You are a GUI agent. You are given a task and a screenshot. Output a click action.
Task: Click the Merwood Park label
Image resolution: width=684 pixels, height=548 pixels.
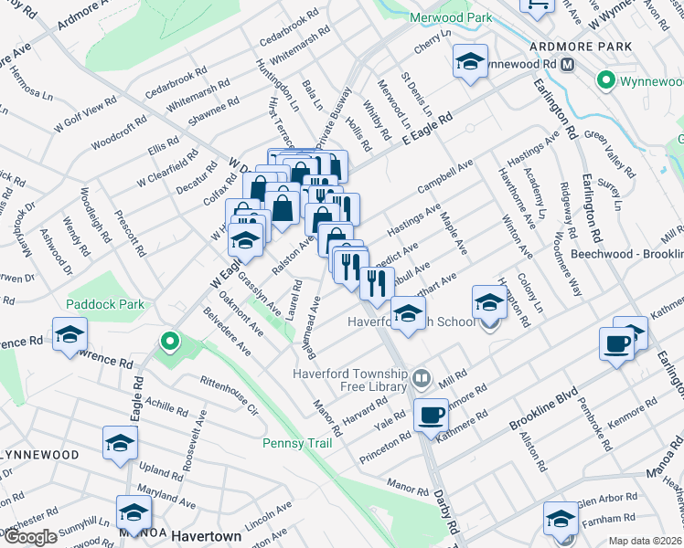click(x=452, y=17)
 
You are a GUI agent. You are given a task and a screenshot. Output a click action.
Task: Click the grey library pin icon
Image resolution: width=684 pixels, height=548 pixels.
click(x=422, y=376)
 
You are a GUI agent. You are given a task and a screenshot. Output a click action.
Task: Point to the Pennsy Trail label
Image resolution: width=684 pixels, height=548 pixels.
click(x=294, y=443)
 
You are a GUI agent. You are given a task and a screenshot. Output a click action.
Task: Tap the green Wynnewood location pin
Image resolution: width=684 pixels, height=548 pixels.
click(x=604, y=81)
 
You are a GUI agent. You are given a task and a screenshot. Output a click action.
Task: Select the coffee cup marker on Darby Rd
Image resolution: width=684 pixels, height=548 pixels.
click(x=431, y=415)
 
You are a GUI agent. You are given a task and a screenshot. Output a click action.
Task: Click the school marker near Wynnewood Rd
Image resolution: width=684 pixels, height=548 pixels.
click(x=470, y=62)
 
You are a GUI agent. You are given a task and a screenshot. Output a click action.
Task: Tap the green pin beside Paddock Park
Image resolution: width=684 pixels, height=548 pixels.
click(x=168, y=342)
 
